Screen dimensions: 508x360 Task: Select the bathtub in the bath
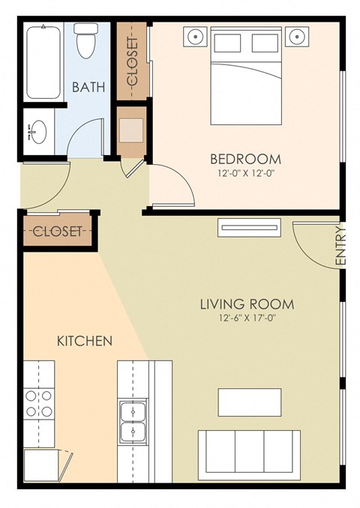pyautogui.click(x=43, y=61)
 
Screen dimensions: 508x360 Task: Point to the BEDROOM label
pyautogui.click(x=245, y=159)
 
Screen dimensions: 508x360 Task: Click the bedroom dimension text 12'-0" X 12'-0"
pyautogui.click(x=245, y=174)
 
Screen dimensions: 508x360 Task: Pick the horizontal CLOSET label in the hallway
pyautogui.click(x=57, y=231)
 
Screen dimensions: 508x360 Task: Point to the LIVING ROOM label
pyautogui.click(x=246, y=305)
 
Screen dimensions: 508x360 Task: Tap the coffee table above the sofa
pyautogui.click(x=250, y=402)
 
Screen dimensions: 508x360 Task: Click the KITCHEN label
pyautogui.click(x=85, y=341)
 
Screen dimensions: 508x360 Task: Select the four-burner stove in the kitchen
pyautogui.click(x=39, y=403)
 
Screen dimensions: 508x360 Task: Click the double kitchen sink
pyautogui.click(x=133, y=421)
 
